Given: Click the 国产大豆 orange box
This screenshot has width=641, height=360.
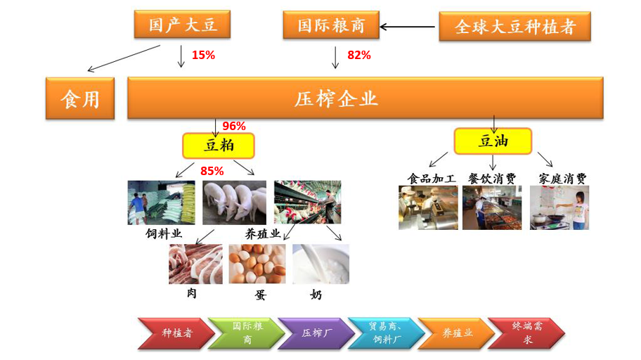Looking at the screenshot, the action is pyautogui.click(x=182, y=25).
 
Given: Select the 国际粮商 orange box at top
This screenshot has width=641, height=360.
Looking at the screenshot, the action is pyautogui.click(x=331, y=25).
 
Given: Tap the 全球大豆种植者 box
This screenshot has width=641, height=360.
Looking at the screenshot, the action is pyautogui.click(x=514, y=27).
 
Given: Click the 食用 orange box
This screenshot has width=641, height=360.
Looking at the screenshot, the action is pyautogui.click(x=80, y=98).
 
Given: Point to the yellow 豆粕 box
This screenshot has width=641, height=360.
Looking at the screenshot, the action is pyautogui.click(x=219, y=146).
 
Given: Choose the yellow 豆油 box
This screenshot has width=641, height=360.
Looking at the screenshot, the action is pyautogui.click(x=493, y=141).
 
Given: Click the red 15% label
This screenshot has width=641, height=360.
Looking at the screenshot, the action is pyautogui.click(x=203, y=55).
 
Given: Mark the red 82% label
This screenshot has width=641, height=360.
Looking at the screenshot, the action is pyautogui.click(x=359, y=55).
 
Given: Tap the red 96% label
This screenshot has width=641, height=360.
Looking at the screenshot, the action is pyautogui.click(x=234, y=126).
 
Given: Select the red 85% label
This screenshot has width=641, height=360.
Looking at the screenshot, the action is pyautogui.click(x=212, y=171).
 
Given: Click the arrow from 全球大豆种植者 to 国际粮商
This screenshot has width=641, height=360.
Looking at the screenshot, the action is pyautogui.click(x=407, y=27).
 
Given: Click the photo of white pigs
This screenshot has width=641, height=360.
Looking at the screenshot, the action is pyautogui.click(x=234, y=202).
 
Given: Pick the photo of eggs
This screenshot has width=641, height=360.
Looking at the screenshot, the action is pyautogui.click(x=257, y=264).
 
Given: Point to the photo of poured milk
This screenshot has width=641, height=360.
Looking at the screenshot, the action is pyautogui.click(x=321, y=264).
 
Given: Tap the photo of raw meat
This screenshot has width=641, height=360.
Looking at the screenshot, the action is pyautogui.click(x=196, y=264).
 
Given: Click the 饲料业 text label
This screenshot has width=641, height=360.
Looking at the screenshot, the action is pyautogui.click(x=164, y=233).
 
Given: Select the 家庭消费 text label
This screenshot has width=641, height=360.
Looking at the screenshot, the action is pyautogui.click(x=562, y=179).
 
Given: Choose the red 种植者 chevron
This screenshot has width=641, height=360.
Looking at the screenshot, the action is pyautogui.click(x=176, y=333).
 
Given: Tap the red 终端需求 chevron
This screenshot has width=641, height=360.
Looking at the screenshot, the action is pyautogui.click(x=526, y=333).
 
